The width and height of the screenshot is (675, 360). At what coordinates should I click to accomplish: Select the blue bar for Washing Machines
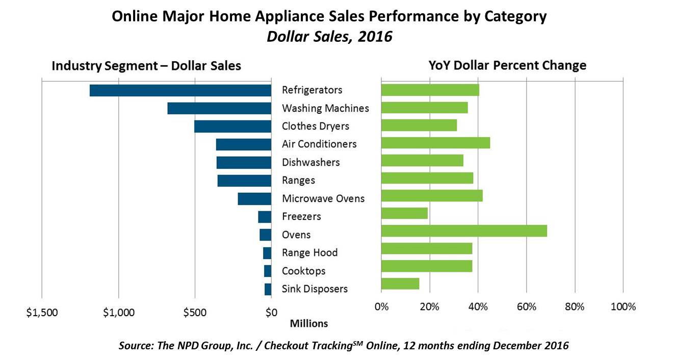219,108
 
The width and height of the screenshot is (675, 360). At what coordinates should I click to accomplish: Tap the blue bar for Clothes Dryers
232,126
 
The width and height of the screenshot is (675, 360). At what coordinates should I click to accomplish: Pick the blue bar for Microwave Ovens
254,199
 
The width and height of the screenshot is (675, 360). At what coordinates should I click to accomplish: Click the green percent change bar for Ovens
464,230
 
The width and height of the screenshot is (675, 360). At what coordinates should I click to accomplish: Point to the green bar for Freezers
404,213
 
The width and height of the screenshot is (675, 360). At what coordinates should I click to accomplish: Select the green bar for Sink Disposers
400,284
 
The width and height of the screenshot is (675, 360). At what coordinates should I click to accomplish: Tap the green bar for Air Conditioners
435,143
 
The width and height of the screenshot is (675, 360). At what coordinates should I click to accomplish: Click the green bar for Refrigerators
430,90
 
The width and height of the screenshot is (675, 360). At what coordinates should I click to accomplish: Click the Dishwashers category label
310,163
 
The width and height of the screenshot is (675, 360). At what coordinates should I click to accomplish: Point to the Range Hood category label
309,253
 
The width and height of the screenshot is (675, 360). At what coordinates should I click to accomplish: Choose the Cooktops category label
303,271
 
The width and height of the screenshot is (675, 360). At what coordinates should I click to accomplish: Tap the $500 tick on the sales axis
195,313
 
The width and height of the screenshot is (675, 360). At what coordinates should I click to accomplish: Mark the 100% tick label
623,307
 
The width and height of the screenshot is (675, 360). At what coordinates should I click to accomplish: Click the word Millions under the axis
309,324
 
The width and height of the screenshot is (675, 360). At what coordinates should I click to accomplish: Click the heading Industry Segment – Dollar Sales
146,66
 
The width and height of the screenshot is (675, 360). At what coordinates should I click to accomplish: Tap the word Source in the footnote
134,346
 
